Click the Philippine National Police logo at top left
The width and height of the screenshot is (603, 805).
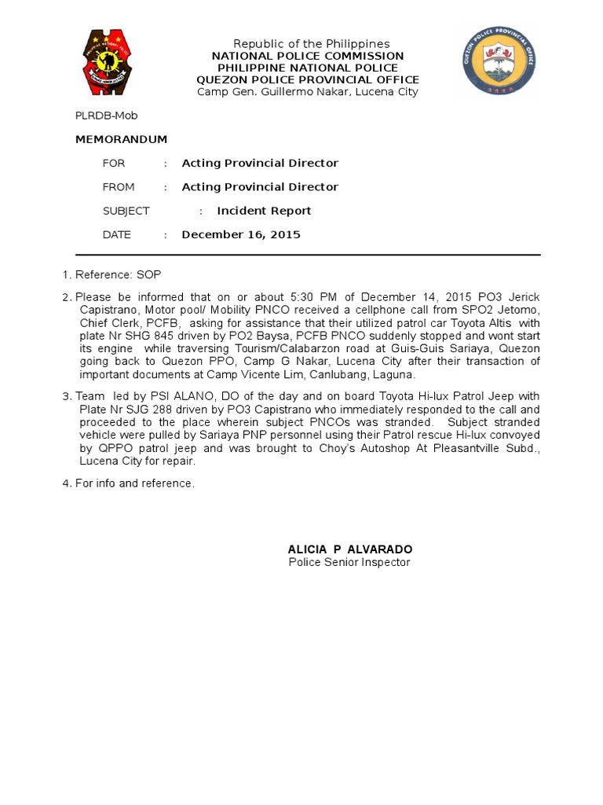[x=111, y=62]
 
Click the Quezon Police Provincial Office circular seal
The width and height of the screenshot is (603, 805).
[x=499, y=61]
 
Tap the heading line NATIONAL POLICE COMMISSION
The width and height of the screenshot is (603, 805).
[x=308, y=56]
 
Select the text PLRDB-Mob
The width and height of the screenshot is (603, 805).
[x=106, y=116]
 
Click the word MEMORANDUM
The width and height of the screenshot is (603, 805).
[x=121, y=139]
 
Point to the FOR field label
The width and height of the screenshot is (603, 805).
[x=114, y=164]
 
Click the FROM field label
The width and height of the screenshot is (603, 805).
[x=119, y=187]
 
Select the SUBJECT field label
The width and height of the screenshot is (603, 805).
[x=126, y=211]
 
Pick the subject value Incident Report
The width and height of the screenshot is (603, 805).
[x=264, y=211]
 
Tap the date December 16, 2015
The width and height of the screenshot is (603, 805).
[x=241, y=234]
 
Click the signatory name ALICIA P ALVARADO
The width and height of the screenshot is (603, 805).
[x=349, y=549]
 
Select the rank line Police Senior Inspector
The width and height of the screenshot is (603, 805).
[x=349, y=562]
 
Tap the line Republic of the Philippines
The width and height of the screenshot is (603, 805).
[x=312, y=44]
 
